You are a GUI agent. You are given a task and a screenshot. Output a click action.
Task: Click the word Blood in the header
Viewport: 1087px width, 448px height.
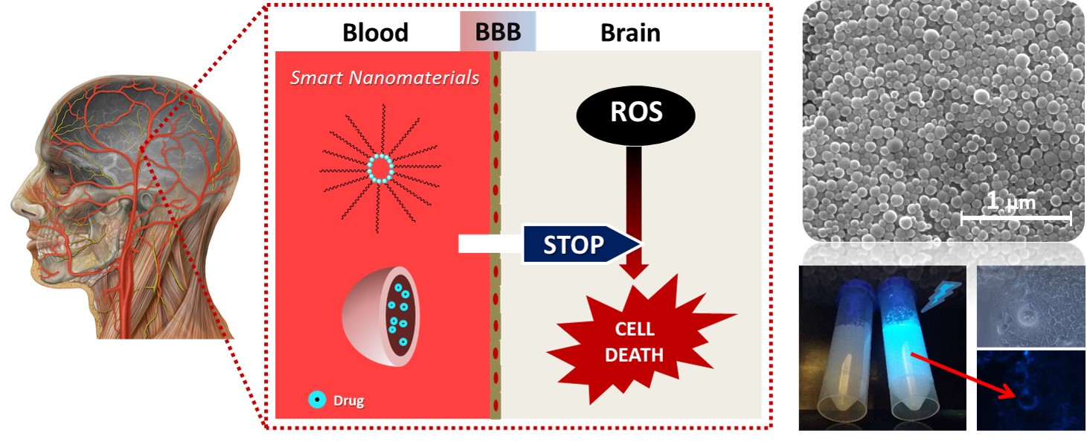(375, 33)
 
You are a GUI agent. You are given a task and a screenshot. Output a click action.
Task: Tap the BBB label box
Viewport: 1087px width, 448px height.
(498, 32)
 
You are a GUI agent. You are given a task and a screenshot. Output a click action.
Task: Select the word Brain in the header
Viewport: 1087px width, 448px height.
(630, 33)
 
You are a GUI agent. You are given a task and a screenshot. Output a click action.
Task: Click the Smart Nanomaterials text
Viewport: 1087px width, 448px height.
(384, 77)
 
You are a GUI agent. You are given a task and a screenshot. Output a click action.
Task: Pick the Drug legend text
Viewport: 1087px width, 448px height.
(348, 401)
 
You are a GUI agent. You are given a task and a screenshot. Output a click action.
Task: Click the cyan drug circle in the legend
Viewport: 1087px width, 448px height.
(318, 400)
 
